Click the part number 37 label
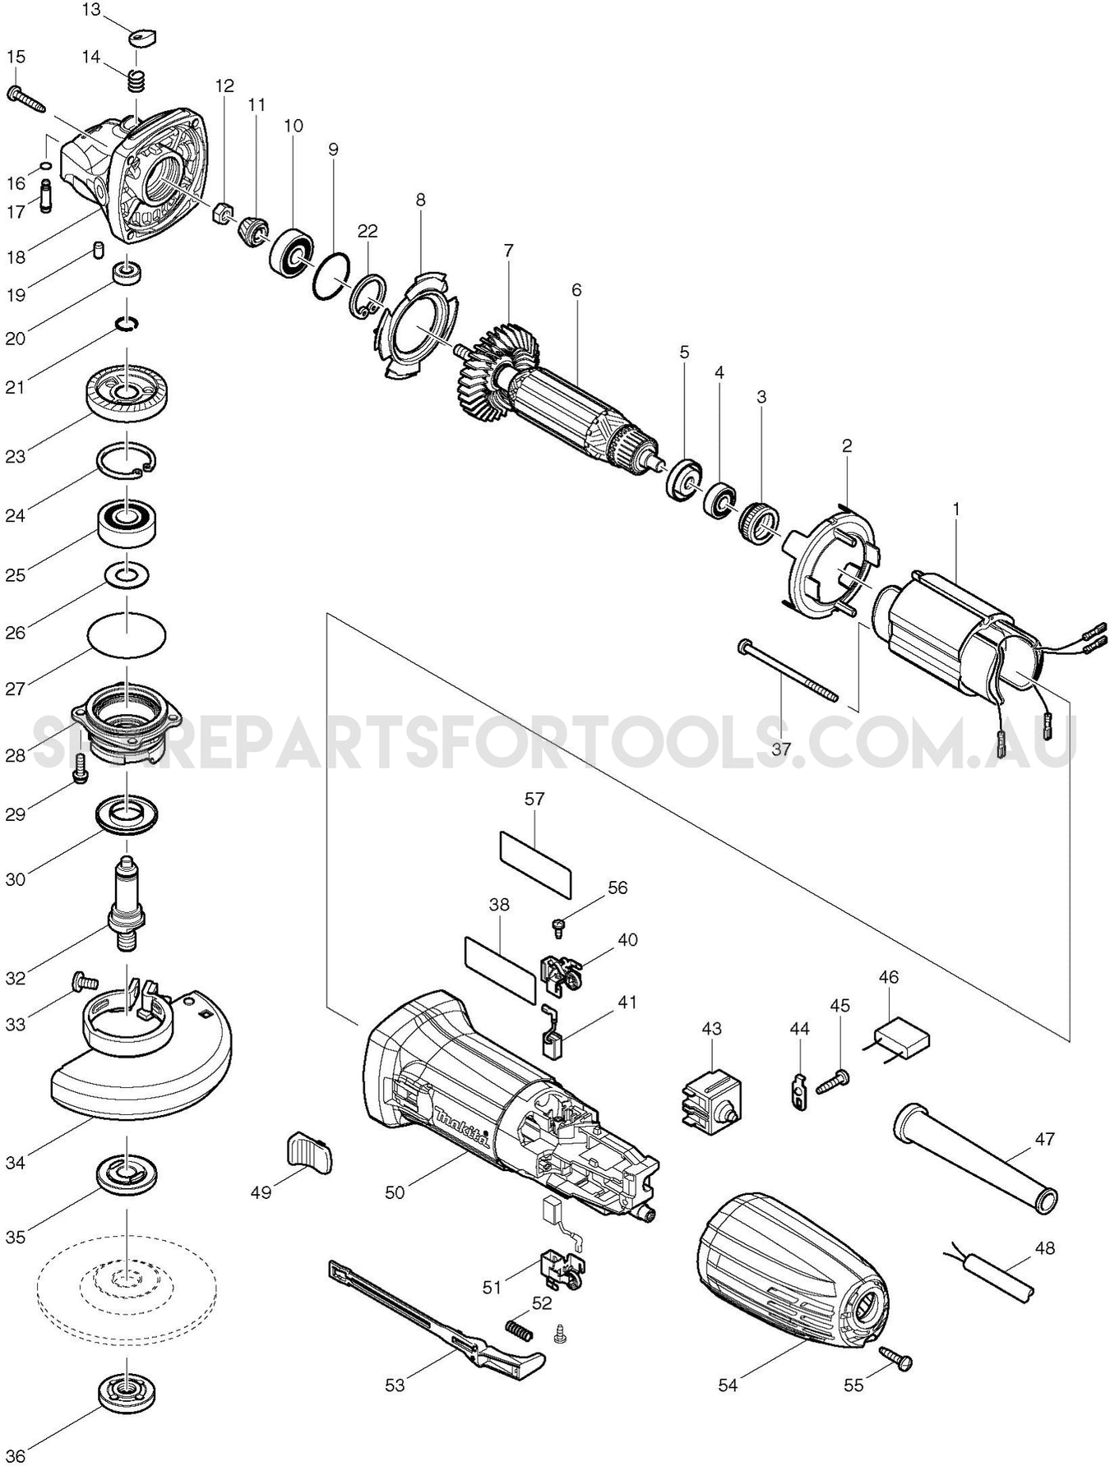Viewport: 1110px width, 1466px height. (780, 749)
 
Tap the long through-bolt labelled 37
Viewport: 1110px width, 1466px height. (789, 671)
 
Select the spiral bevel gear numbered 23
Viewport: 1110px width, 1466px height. (127, 394)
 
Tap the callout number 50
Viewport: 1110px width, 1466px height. (395, 1192)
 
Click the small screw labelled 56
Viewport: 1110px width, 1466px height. (557, 927)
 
